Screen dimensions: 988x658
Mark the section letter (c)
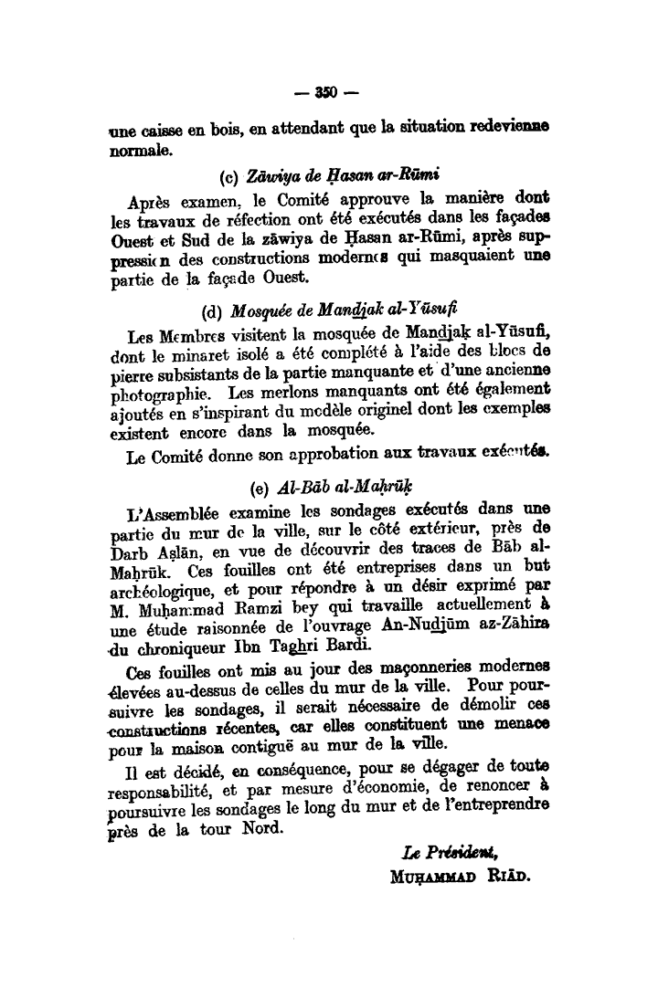(230, 175)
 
